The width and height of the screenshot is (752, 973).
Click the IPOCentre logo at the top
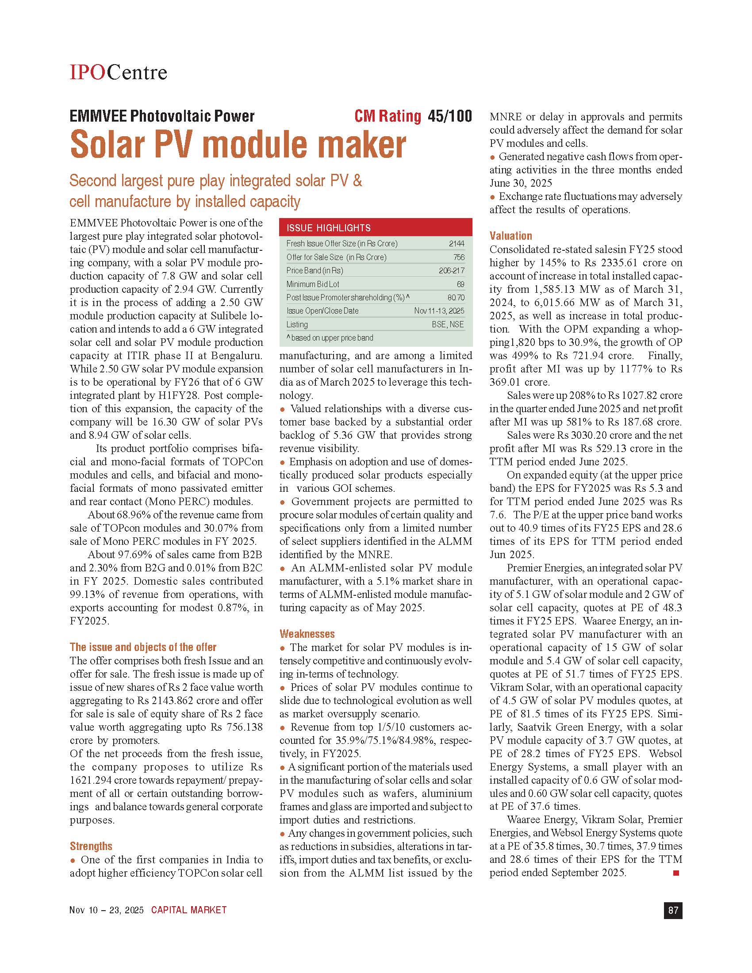pos(118,72)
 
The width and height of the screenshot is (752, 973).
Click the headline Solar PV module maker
pos(238,144)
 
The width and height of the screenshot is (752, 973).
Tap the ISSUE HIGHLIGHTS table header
pos(328,228)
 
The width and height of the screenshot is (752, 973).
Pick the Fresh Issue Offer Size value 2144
pos(457,244)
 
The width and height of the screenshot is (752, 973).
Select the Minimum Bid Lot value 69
pos(460,284)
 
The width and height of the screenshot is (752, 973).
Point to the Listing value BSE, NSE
pos(448,324)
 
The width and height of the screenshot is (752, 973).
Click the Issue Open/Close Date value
pos(439,311)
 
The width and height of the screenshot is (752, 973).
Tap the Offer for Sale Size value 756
pos(458,257)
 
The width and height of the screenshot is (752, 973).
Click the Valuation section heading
pos(510,236)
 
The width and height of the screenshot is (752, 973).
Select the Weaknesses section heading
pos(307,633)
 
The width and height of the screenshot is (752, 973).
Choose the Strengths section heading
pos(91,846)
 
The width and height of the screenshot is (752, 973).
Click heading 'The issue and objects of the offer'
pos(143,647)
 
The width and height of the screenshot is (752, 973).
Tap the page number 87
pos(673,910)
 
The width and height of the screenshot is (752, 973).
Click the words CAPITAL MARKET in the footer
pos(189,910)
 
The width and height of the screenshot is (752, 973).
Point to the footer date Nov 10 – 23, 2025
pos(107,910)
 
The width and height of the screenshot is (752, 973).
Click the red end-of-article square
pos(676,873)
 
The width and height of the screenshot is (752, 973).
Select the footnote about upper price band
pos(330,338)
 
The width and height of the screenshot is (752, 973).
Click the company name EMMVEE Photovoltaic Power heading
pos(162,116)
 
